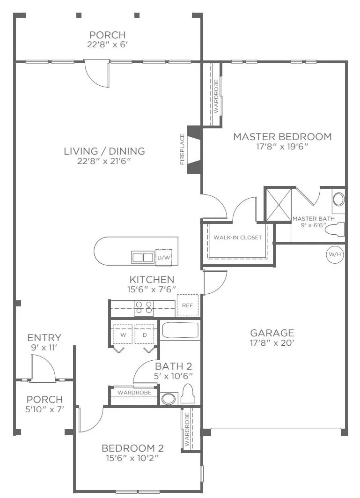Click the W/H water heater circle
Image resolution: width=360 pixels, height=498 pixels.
pos(335,254)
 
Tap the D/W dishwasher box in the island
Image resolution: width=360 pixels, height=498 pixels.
pos(163,258)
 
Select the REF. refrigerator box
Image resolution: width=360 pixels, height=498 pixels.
pos(188,305)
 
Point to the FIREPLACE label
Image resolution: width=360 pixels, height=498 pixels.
pos(182,149)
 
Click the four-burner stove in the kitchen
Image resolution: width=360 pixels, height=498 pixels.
pos(144,308)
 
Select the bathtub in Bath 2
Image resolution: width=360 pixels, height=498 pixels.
pos(180,331)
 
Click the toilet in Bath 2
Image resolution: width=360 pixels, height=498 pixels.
pos(189,394)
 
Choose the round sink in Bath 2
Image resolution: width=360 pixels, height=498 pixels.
pos(169,399)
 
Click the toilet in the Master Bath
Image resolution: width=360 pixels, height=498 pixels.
pos(336,229)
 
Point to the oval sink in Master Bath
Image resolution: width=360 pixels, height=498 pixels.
pos(338,200)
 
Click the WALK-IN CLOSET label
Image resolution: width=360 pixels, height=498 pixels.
pos(237,237)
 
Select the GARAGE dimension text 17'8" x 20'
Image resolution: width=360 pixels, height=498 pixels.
pos(272,342)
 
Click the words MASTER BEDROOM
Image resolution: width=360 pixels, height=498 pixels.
pos(283,137)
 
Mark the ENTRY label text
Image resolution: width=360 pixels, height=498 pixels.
pos(44,337)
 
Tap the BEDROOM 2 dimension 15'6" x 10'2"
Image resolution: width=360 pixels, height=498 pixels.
pos(132,458)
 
